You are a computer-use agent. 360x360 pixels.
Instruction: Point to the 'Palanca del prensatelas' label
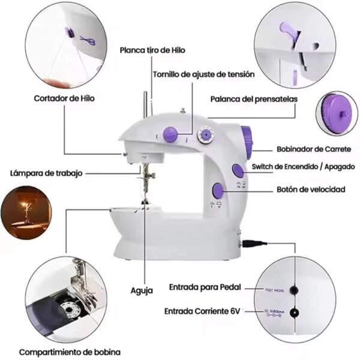[x=253, y=98]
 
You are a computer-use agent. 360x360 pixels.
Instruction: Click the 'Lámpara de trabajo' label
[x=46, y=173]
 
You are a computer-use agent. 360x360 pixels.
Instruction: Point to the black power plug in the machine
[x=252, y=244]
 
